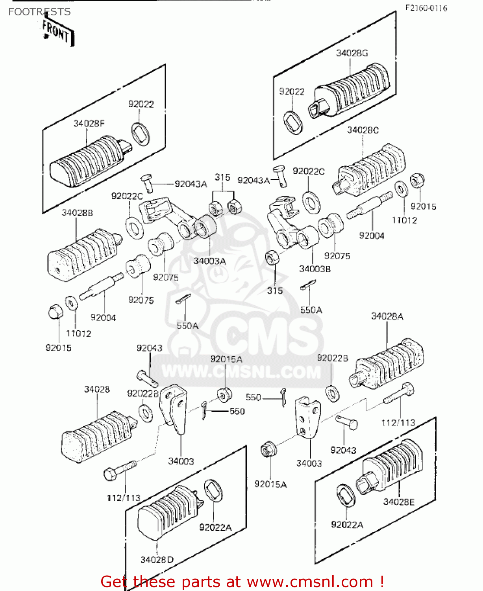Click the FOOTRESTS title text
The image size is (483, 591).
coord(39,12)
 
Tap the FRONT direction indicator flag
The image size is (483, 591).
coord(57,32)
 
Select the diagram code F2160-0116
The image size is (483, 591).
coord(426,8)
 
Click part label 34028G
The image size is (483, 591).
coord(352,53)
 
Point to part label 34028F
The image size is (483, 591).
coord(89,123)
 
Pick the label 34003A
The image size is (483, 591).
coord(209,261)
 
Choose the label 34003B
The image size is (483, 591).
coord(315,269)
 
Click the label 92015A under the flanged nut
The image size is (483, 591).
coord(270,484)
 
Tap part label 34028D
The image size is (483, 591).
coord(157,559)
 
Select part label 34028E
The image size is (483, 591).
coord(399,502)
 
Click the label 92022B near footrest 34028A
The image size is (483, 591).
coord(332,358)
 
